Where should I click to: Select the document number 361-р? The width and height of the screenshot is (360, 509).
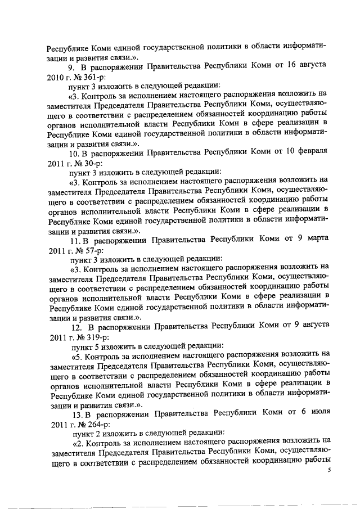(x=84, y=76)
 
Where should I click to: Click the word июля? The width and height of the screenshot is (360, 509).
(x=316, y=414)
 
